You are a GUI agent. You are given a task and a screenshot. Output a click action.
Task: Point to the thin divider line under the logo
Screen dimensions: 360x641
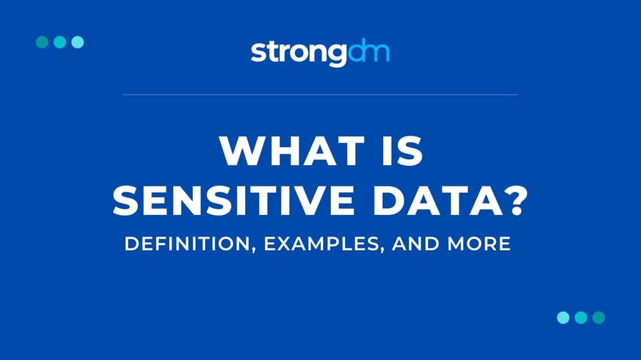tap(320, 94)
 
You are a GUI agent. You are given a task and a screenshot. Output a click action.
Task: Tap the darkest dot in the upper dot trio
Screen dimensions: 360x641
tap(42, 42)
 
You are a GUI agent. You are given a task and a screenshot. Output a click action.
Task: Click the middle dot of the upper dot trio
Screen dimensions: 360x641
tap(60, 42)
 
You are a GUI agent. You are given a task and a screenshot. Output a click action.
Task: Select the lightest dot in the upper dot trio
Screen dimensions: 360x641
tap(78, 42)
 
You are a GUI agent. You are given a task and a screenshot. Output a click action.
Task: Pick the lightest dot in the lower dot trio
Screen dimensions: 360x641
tap(563, 317)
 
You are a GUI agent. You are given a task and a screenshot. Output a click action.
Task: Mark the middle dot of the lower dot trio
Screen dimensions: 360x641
tap(581, 317)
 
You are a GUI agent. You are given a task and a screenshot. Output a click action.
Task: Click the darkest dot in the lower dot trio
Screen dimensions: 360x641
tap(599, 317)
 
